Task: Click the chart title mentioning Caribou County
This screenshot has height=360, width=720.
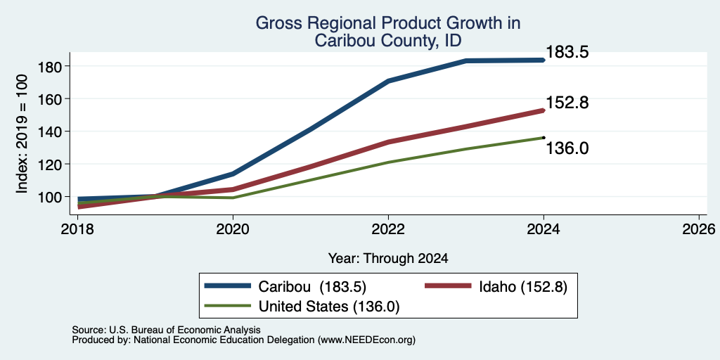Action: pos(388,32)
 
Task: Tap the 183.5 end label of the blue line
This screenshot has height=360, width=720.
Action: pos(567,52)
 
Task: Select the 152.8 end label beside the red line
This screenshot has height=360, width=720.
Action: pos(567,103)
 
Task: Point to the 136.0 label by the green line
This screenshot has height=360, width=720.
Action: pos(567,148)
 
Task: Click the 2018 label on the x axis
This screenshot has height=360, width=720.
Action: pos(77,229)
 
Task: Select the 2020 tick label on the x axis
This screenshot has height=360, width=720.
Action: pos(233,229)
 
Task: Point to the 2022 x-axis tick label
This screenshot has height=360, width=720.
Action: pos(388,229)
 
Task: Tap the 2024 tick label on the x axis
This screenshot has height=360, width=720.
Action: pos(544,229)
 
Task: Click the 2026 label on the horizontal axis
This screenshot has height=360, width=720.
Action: pos(699,229)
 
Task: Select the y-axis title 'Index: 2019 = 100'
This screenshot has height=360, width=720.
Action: pos(22,134)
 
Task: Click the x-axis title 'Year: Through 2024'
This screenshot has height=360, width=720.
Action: pos(388,259)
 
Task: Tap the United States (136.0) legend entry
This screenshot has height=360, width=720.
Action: pos(302,307)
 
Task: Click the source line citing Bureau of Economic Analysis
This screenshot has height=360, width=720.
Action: pos(166,330)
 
